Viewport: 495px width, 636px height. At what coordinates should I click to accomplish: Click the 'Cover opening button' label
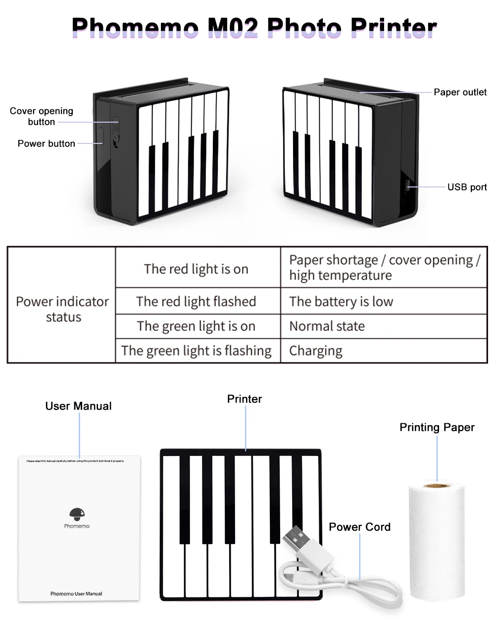coord(42,116)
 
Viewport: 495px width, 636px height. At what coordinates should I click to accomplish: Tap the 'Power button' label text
coord(47,144)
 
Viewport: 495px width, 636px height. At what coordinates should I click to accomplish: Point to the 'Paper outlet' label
coord(460,92)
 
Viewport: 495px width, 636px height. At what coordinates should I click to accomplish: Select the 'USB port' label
coord(467,187)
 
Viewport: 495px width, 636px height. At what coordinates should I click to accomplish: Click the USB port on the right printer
coord(407,186)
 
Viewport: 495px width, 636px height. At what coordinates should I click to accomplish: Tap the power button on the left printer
coord(100,136)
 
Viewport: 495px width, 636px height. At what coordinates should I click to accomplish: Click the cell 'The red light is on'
coord(196,269)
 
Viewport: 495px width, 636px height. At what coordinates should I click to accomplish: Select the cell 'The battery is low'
coord(341,302)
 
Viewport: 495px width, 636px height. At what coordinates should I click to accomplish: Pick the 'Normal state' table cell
coord(327,326)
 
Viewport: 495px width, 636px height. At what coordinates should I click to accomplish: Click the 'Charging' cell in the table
coord(316,351)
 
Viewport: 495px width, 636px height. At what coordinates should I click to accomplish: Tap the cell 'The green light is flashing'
coord(197,351)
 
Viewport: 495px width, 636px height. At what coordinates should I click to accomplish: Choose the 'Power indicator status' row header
coord(62,309)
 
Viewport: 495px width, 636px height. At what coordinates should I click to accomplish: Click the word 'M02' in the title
coord(233,28)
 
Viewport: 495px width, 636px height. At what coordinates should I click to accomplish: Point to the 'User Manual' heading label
coord(78,406)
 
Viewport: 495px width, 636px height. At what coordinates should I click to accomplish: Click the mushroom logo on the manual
coord(77,514)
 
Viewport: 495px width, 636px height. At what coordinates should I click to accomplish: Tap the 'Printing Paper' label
coord(437,427)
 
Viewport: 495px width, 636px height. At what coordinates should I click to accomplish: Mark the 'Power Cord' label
coord(359,527)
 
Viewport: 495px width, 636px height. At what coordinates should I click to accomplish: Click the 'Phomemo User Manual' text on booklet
coord(76,593)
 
